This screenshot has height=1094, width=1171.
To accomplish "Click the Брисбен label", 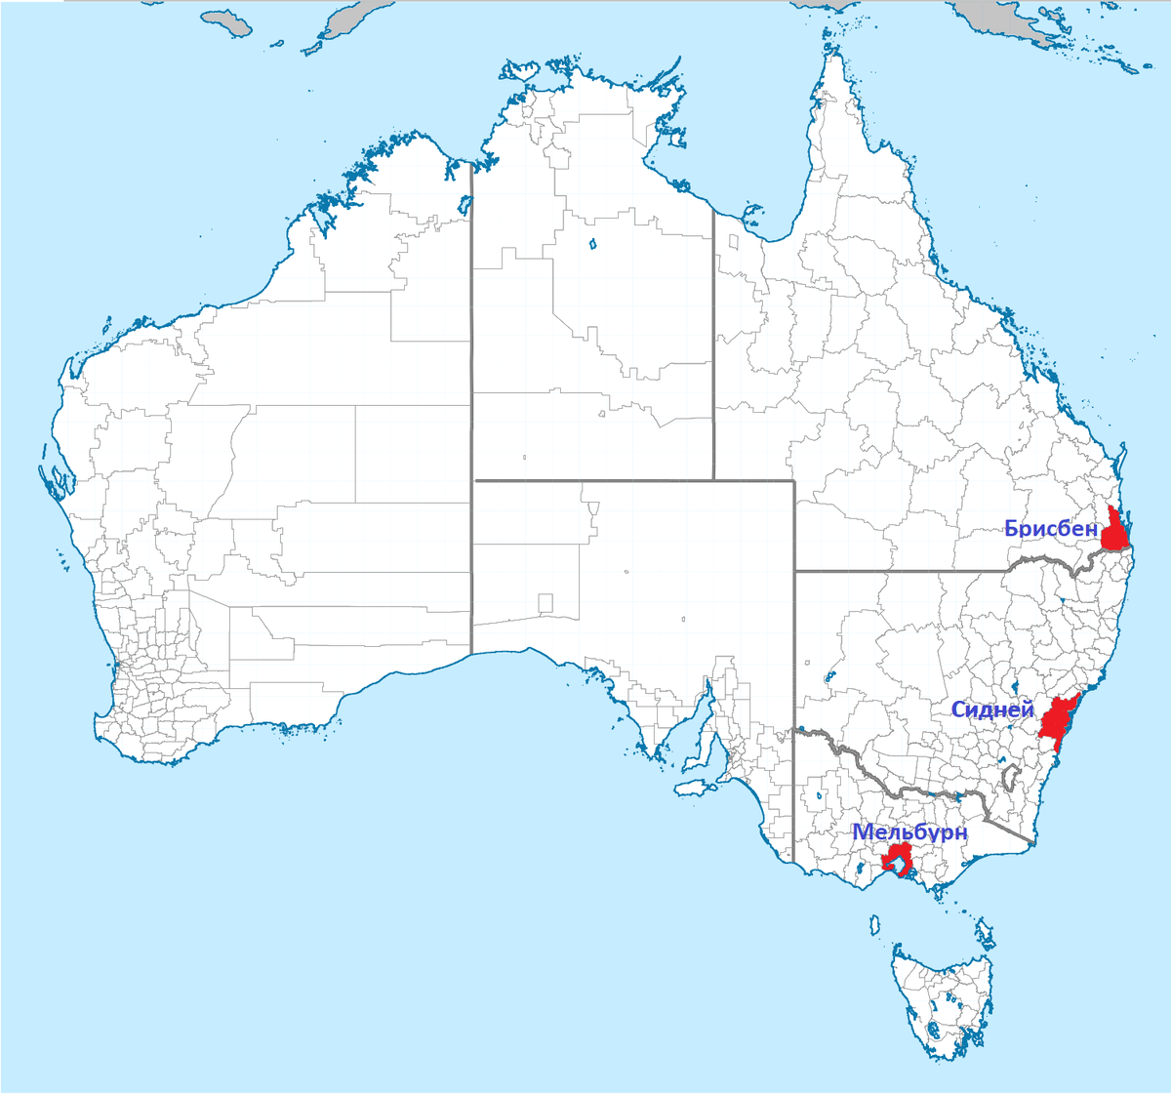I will [1050, 529].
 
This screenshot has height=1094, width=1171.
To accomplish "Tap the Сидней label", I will [991, 709].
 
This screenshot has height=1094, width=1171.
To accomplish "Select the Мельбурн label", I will [909, 832].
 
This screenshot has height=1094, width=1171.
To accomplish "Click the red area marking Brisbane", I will [1114, 533].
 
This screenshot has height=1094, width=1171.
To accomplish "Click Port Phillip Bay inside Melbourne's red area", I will [894, 865].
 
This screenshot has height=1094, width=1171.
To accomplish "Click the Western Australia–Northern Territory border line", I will [471, 390].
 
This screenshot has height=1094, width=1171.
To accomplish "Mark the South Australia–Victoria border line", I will [793, 810].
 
